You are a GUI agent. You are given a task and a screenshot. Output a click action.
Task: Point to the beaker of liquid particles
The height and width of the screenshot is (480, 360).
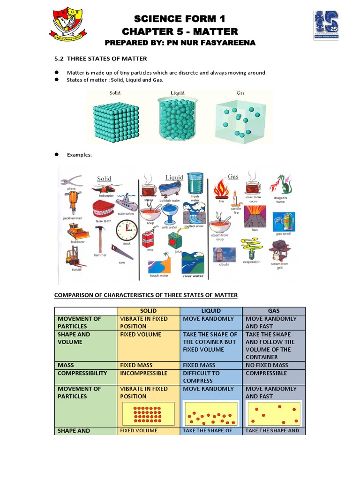point(178,120)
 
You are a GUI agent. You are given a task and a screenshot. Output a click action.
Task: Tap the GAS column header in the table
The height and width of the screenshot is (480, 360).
point(274,311)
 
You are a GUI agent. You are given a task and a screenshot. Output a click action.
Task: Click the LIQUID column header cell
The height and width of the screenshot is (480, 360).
point(211,311)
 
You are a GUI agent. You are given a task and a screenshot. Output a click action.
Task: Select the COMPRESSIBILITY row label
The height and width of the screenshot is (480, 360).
point(82,373)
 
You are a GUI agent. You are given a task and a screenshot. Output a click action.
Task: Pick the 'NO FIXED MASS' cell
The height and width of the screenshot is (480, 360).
point(267,365)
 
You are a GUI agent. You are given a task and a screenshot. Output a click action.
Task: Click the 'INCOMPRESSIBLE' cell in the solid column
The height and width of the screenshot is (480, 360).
point(143,373)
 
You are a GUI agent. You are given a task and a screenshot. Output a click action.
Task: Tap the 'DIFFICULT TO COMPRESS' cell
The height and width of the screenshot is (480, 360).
point(201,377)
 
